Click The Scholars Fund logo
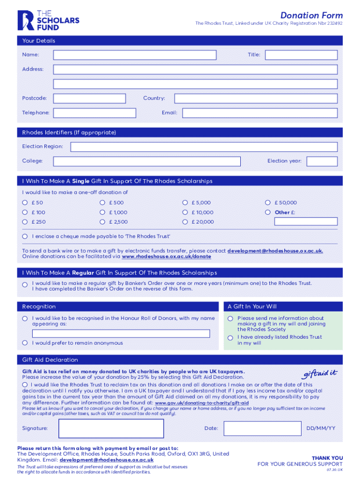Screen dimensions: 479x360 click(48, 21)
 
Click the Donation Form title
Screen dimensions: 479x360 click(311, 15)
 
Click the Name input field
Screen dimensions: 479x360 click(135, 55)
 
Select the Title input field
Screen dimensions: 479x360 click(301, 55)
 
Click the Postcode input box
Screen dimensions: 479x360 click(89, 98)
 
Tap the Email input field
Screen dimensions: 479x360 click(259, 113)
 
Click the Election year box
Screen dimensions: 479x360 click(322, 161)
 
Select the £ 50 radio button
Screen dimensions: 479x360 click(25, 203)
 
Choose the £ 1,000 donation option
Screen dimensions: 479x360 click(102, 212)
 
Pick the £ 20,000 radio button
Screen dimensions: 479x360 click(185, 222)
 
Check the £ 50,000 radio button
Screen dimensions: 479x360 click(267, 203)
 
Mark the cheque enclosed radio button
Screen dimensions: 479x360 click(25, 236)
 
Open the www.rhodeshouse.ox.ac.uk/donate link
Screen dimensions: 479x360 click(166, 257)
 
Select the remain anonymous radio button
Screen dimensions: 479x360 click(25, 343)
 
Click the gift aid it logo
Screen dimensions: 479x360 click(319, 374)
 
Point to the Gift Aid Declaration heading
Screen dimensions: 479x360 click(50, 360)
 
